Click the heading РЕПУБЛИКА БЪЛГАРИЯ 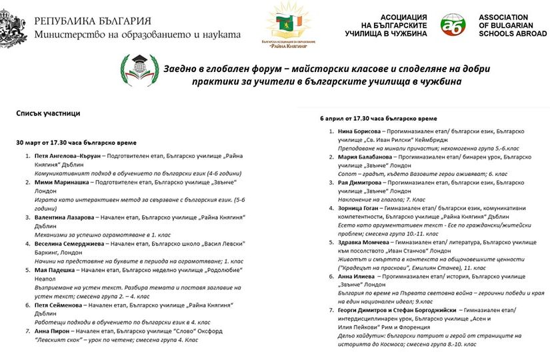(93, 21)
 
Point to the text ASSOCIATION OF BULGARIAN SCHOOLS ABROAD (512, 25)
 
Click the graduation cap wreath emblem (135, 69)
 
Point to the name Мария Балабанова (365, 157)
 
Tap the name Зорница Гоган (360, 208)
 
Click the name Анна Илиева (357, 276)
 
